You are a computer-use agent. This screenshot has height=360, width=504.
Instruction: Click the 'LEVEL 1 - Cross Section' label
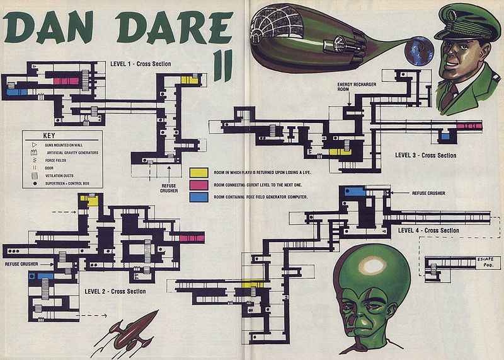[x=141, y=64]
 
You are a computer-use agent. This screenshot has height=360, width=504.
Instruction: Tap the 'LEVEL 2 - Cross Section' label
[x=115, y=291]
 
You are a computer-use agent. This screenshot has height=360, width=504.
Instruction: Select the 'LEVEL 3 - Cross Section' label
[x=426, y=155]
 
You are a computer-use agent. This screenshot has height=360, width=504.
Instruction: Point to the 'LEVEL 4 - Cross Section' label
[x=429, y=231]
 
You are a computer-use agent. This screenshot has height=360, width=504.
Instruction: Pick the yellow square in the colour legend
[x=199, y=172]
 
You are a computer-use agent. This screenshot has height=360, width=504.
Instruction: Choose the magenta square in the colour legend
[x=199, y=185]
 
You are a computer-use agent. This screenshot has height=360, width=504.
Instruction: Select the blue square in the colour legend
[x=199, y=197]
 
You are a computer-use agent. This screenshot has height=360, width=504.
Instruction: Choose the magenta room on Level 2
[x=191, y=238]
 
